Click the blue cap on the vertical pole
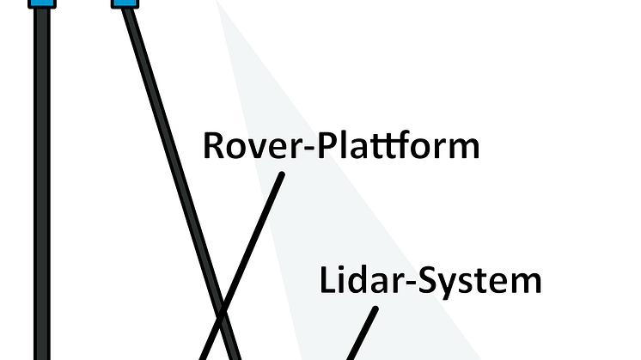41,3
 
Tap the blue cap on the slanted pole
125,4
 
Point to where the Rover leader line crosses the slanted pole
223,311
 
